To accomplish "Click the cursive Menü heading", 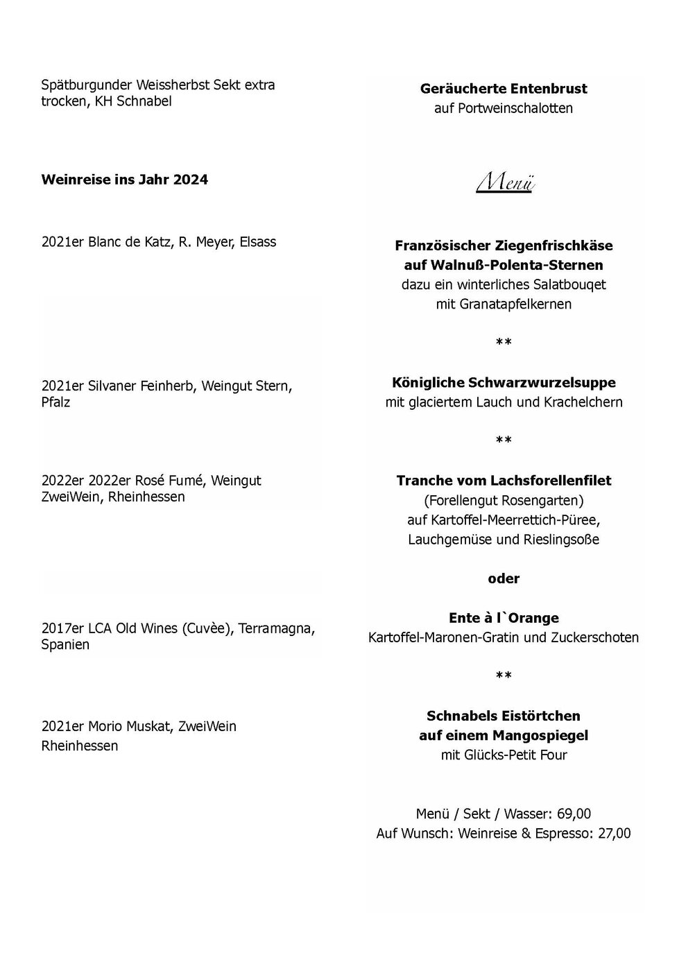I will [504, 182].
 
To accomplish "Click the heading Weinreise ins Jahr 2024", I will [125, 180].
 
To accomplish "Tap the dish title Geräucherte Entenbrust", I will [504, 89].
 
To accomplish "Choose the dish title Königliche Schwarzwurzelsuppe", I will [504, 383].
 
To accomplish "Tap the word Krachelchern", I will [584, 402].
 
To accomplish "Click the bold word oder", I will [504, 578].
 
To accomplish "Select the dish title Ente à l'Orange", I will [504, 618].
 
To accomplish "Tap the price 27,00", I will [614, 833].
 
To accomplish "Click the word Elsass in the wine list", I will [257, 242].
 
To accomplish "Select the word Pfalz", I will [56, 402].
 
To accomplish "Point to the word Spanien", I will [65, 645].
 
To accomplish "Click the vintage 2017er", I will [62, 628].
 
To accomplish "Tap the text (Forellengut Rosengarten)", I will [504, 500].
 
